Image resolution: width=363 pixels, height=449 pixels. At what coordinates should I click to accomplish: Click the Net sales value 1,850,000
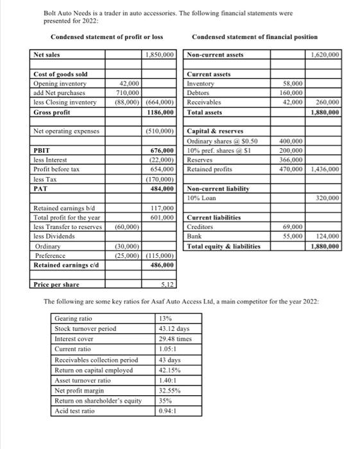tap(160, 56)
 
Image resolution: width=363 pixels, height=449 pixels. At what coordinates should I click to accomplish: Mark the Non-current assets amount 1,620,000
tap(325, 56)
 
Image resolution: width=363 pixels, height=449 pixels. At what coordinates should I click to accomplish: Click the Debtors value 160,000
tap(292, 93)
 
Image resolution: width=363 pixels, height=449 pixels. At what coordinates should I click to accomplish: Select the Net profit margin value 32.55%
tap(170, 390)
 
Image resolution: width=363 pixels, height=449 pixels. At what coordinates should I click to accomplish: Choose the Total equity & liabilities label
tap(224, 246)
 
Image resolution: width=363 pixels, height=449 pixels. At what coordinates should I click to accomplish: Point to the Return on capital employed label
tap(94, 369)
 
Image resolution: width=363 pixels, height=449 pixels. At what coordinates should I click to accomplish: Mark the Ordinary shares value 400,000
tap(291, 140)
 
